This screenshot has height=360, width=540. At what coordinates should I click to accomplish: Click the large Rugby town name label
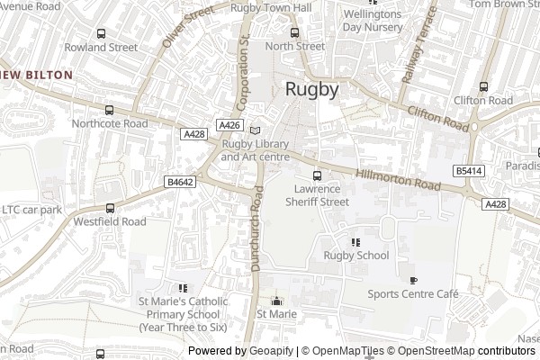[312, 89]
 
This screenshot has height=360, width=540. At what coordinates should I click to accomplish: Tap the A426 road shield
[229, 125]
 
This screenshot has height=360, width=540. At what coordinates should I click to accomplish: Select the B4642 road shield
[180, 182]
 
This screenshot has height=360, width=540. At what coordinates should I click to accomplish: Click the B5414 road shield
[468, 170]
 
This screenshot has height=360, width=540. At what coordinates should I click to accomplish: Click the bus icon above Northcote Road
[110, 109]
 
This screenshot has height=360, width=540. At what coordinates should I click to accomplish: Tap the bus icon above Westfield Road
[109, 206]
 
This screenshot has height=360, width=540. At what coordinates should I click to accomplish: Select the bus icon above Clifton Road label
[483, 86]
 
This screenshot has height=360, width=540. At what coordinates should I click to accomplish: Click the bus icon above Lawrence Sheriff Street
[316, 175]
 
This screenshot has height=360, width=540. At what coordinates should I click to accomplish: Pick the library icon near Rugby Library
[255, 130]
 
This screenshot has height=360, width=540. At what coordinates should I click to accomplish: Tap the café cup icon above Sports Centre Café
[413, 280]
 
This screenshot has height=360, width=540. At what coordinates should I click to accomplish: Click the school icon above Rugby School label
[355, 241]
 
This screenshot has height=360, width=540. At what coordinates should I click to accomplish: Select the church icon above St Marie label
[276, 301]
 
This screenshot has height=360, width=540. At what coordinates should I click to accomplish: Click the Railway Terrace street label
[418, 45]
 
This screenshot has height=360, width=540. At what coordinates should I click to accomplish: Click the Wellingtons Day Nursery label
[372, 21]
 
